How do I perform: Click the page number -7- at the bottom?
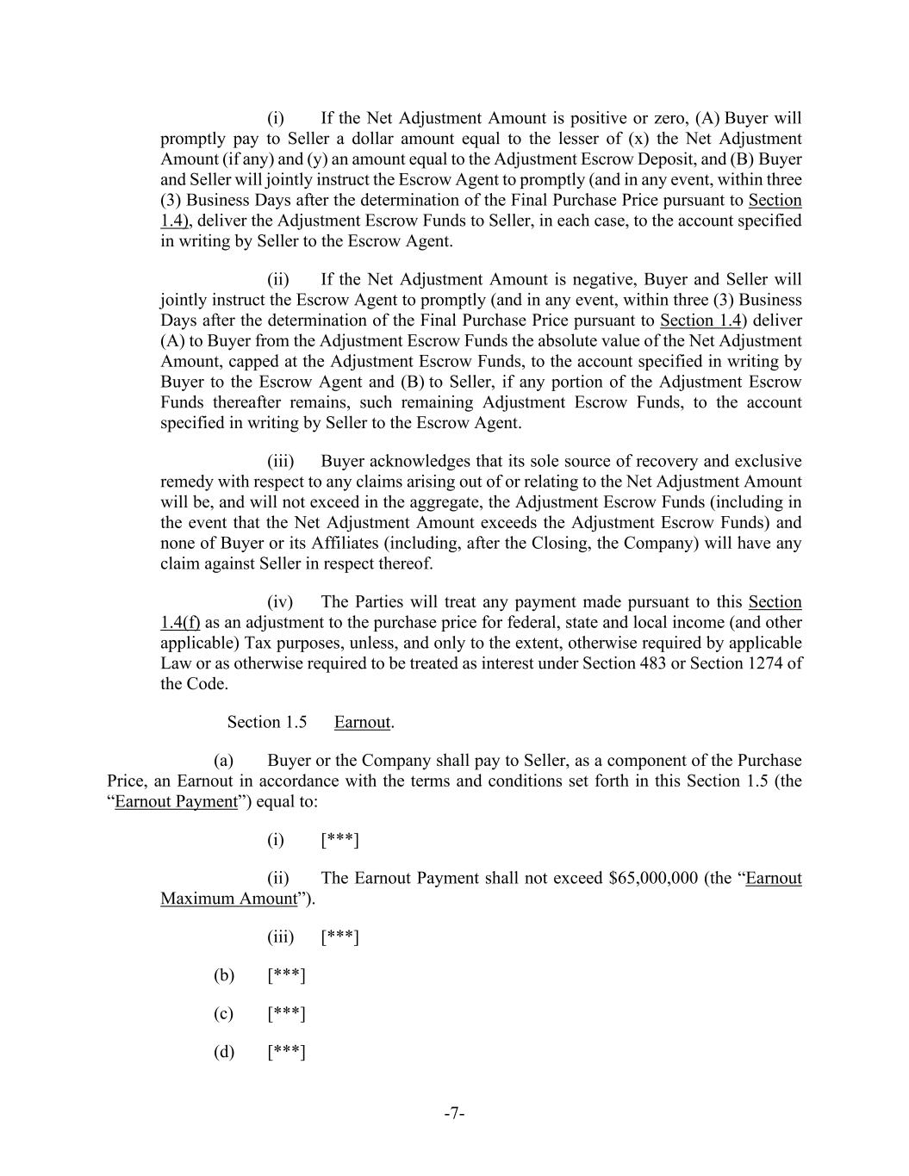(454, 1113)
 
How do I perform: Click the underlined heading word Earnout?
(362, 722)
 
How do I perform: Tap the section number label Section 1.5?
(267, 722)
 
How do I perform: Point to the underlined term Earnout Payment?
(176, 801)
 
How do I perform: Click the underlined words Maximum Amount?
(228, 899)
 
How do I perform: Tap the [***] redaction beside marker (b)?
(287, 975)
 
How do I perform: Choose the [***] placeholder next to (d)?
(287, 1051)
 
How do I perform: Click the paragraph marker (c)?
(224, 1013)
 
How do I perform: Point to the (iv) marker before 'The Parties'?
(280, 602)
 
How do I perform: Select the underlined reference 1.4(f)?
(180, 623)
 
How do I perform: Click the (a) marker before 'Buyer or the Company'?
(224, 761)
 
